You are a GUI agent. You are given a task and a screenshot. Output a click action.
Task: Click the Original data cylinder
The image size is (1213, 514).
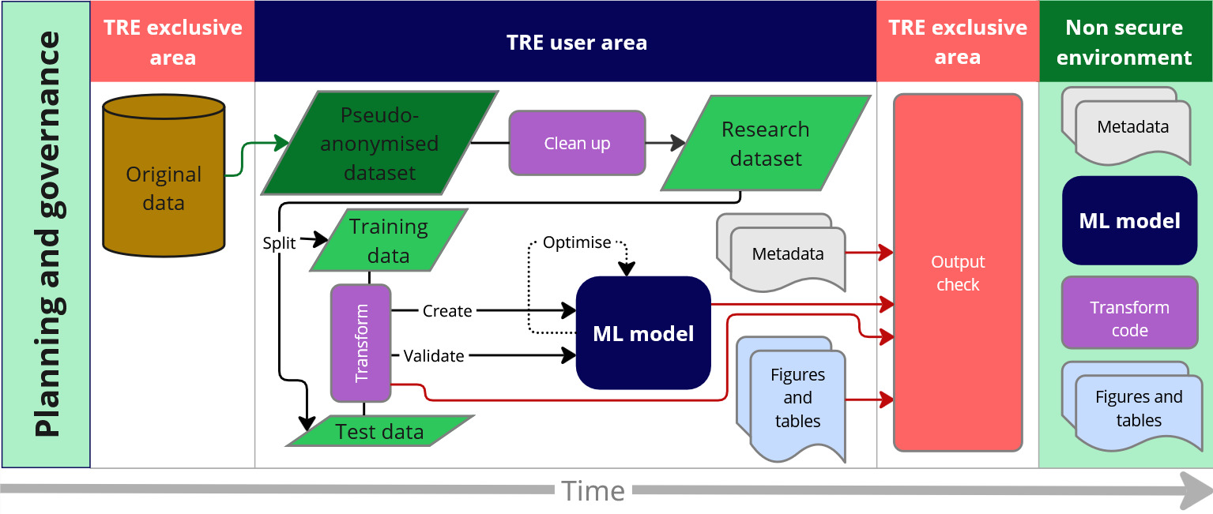click(164, 175)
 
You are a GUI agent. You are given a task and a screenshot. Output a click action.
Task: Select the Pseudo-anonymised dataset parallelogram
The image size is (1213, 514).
click(379, 143)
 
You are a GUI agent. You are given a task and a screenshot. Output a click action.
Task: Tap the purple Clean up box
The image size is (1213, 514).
click(577, 143)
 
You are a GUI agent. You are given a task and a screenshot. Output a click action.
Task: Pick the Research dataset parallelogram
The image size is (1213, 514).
click(766, 144)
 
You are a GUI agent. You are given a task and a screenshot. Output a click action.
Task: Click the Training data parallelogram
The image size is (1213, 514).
click(389, 240)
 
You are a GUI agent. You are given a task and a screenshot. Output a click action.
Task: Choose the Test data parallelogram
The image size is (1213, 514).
click(380, 431)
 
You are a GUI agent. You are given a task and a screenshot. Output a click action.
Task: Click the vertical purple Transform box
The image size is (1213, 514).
click(361, 343)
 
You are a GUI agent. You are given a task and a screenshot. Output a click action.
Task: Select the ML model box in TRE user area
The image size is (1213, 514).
click(643, 332)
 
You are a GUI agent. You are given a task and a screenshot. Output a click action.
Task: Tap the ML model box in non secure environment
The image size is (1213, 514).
click(1129, 220)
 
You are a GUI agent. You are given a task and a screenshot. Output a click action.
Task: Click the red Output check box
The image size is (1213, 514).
click(958, 272)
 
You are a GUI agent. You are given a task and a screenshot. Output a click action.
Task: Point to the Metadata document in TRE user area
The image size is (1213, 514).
click(782, 253)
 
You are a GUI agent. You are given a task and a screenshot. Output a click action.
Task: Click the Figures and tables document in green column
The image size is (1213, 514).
click(1132, 407)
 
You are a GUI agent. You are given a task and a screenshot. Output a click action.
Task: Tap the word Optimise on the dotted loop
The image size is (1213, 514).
click(577, 242)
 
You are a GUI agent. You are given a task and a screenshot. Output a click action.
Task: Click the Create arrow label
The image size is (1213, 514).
click(447, 311)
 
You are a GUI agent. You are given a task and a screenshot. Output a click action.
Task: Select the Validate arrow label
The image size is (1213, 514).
click(434, 356)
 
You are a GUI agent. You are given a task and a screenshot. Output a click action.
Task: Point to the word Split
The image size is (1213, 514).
click(279, 243)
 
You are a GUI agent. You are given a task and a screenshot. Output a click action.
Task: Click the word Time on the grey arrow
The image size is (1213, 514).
click(593, 491)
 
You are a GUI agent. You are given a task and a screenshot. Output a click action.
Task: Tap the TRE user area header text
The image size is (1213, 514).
click(577, 42)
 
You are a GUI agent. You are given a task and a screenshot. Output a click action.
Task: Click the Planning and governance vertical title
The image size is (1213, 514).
click(47, 234)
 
